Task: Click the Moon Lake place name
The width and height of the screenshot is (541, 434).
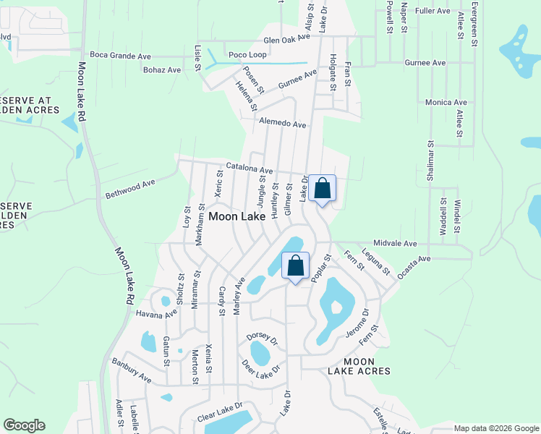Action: coord(237,216)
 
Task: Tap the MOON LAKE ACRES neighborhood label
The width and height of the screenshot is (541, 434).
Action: coord(359,366)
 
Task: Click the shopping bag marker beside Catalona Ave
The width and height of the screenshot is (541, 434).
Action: coord(323,188)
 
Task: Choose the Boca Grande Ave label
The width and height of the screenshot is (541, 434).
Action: coord(120,55)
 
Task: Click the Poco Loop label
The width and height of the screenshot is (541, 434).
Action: coord(247,55)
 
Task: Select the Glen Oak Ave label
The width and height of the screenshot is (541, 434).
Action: coord(287,41)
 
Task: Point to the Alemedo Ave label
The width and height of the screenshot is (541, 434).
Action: coord(283,124)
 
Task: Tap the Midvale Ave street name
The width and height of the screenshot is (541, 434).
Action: coord(396,244)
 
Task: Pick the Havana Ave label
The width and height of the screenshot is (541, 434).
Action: coord(156,314)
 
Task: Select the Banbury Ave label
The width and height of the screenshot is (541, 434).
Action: coord(131,368)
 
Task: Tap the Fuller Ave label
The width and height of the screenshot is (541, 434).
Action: coord(433,11)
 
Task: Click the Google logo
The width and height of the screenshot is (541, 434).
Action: coord(24,425)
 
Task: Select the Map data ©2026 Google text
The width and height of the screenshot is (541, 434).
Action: coord(496,428)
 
